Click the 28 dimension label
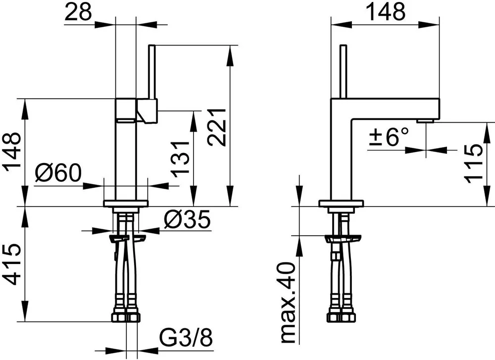78,11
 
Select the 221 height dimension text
217,127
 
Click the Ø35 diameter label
187,219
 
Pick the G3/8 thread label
186,338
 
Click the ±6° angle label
389,136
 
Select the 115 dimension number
474,163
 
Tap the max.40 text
288,303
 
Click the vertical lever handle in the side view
344,72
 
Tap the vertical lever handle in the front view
152,72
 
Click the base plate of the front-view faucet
126,204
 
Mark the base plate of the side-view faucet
341,204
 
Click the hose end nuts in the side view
341,317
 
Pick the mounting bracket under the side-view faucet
343,238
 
